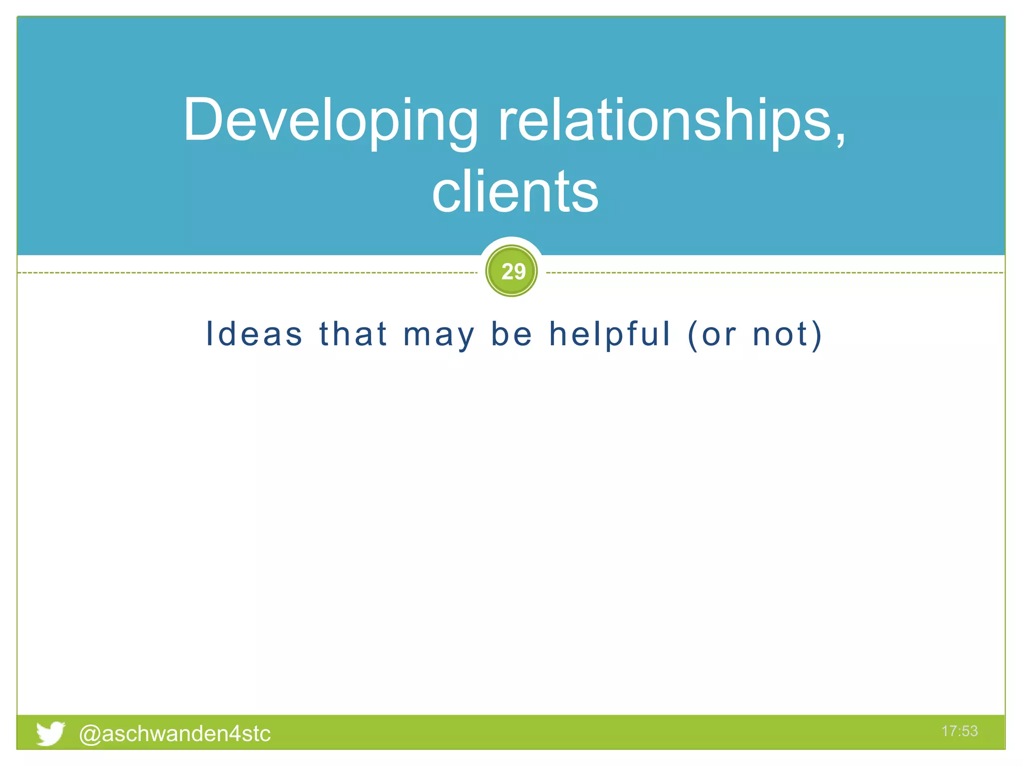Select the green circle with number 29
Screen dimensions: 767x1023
point(511,271)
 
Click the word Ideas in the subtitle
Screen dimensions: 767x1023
point(254,334)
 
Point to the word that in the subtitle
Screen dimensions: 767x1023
point(353,334)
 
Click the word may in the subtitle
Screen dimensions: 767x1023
point(439,335)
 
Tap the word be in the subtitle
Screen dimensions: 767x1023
point(511,334)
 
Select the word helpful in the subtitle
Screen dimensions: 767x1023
point(609,334)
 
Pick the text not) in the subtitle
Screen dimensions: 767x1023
point(787,335)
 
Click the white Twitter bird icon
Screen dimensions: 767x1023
point(50,733)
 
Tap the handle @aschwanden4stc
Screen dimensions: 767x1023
point(175,734)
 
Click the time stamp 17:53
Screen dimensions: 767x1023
point(959,731)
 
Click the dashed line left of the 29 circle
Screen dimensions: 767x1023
point(250,273)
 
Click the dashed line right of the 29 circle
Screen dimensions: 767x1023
point(774,273)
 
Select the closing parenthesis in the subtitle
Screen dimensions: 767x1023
point(817,335)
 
